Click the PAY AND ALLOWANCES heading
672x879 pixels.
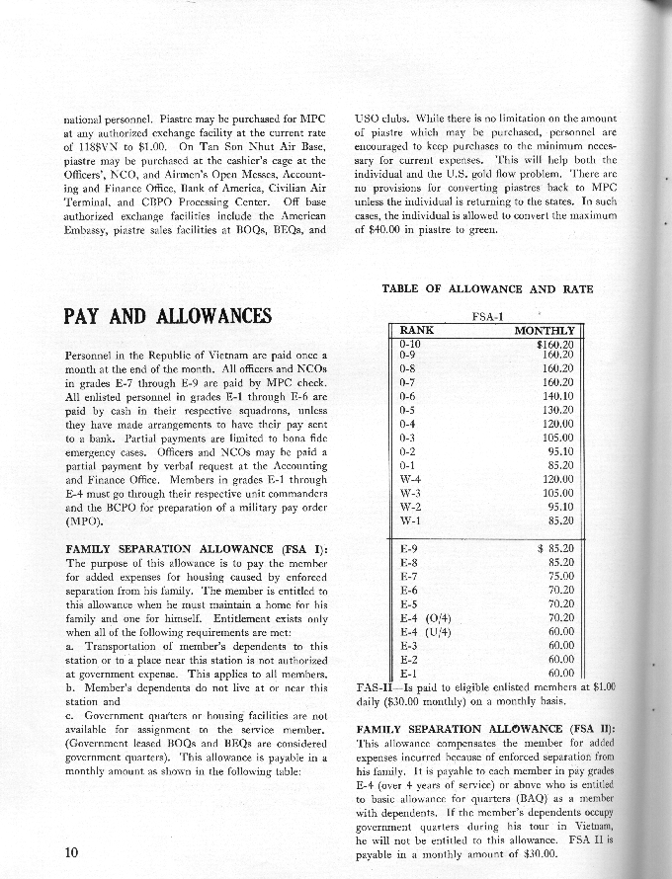coord(166,315)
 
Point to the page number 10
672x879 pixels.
coord(72,853)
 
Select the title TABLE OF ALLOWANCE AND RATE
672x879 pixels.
coord(487,288)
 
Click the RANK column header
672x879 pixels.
coord(416,331)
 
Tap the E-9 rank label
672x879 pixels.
coord(407,546)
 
